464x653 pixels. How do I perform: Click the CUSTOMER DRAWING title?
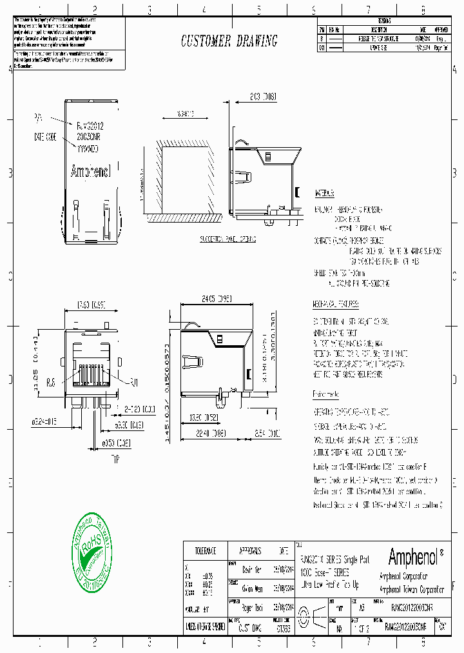tap(229, 42)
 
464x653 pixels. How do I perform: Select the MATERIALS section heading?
tap(324, 194)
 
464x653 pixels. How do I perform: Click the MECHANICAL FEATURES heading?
tap(336, 304)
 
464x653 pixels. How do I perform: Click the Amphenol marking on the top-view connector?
tap(90, 172)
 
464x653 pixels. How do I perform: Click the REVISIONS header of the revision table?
tap(385, 21)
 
